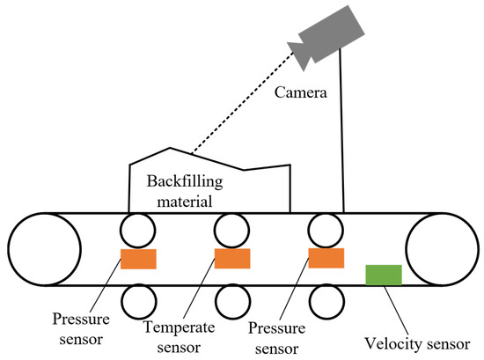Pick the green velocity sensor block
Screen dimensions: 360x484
(x=384, y=275)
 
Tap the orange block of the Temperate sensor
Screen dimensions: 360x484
(x=232, y=258)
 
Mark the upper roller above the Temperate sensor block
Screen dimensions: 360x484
(x=231, y=231)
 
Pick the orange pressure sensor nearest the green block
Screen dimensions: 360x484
(x=326, y=257)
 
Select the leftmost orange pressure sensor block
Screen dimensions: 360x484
(x=138, y=259)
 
